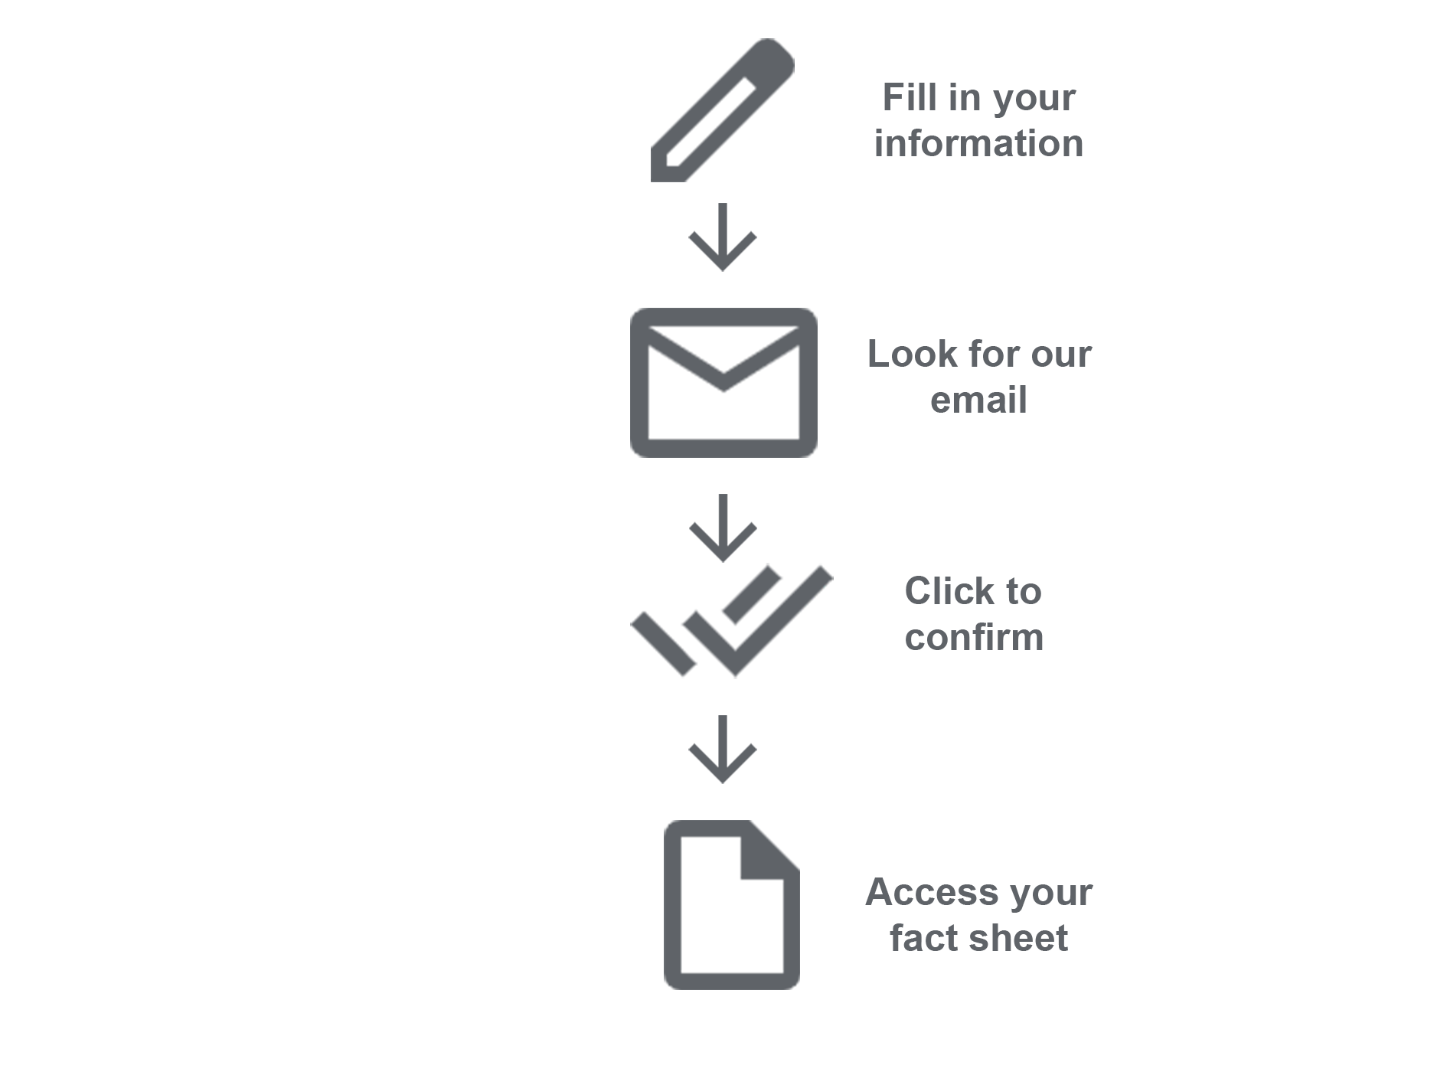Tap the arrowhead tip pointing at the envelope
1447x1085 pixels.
tap(723, 270)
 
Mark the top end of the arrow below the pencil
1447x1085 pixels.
tap(723, 204)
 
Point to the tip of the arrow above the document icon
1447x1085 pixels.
tap(723, 783)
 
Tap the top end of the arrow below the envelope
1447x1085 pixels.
tap(723, 495)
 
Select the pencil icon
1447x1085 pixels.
tap(723, 110)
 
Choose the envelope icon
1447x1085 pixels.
tap(723, 383)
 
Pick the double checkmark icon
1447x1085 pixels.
tap(732, 621)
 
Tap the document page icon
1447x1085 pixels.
tap(732, 904)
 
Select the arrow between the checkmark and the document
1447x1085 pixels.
tap(723, 750)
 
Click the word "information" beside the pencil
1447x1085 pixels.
tap(978, 143)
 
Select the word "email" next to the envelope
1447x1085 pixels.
tap(978, 400)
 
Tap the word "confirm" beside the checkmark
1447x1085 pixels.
tap(974, 637)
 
